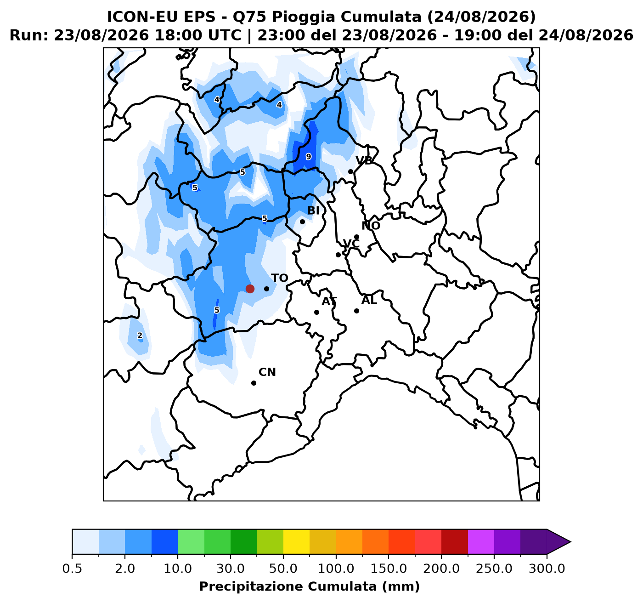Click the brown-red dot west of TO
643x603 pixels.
point(250,289)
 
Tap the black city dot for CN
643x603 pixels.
point(254,383)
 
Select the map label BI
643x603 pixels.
point(313,210)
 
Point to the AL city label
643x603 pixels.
point(369,301)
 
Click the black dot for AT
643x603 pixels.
point(316,313)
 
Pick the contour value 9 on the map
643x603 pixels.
point(309,157)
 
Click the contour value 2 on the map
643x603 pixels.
point(140,336)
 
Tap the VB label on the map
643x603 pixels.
point(364,160)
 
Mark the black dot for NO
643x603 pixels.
point(356,237)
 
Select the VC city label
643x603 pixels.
point(351,243)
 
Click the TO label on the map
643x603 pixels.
point(279,278)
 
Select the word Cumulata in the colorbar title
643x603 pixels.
point(342,586)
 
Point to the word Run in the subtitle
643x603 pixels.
point(27,35)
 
